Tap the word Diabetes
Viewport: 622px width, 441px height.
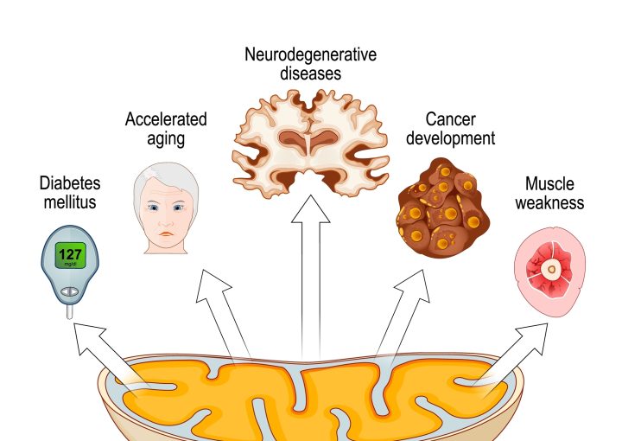70,184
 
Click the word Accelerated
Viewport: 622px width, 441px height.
165,118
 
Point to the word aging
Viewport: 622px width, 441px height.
166,138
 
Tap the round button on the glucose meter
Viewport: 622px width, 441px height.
70,294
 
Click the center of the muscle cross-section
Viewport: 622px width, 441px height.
550,269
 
